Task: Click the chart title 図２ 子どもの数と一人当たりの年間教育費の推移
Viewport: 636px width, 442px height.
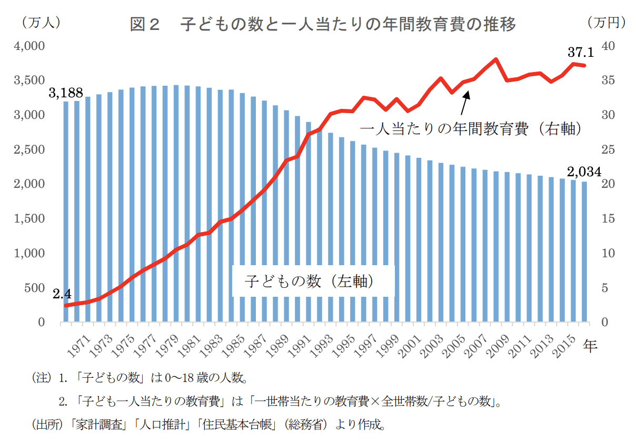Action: [323, 24]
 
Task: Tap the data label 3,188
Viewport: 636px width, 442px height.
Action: [66, 93]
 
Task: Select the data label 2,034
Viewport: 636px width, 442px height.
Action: [584, 172]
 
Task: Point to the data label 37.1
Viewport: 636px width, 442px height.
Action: [581, 52]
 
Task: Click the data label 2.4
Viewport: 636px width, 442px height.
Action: [62, 294]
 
